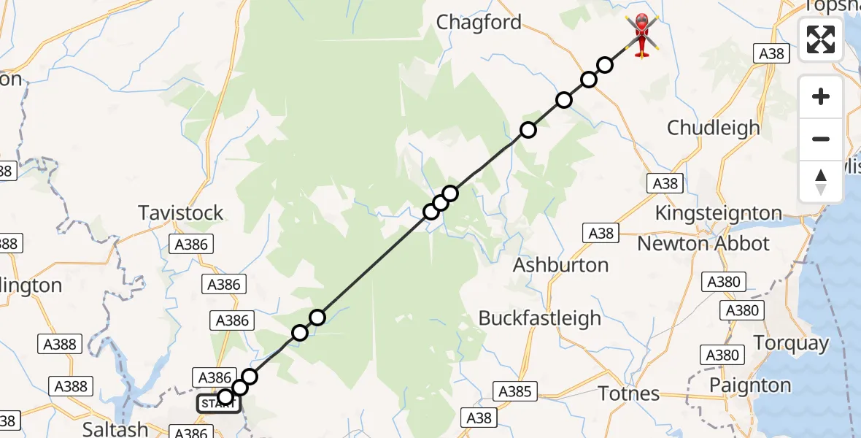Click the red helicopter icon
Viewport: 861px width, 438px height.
point(641,34)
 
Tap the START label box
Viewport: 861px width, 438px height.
point(218,404)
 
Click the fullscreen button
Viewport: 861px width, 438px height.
point(821,39)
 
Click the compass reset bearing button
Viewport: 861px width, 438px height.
point(821,182)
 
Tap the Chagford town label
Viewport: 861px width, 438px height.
point(479,23)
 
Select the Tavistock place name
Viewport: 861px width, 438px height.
point(181,213)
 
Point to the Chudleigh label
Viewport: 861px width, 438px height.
point(714,128)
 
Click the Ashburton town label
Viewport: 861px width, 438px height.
point(560,265)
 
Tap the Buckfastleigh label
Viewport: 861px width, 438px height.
point(540,318)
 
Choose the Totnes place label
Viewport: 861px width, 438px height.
point(629,393)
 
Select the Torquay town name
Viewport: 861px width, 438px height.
point(791,343)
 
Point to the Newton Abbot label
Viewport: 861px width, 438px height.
point(703,244)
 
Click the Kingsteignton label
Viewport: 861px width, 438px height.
point(719,213)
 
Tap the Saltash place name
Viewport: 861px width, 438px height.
point(116,429)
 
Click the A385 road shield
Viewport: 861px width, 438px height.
point(514,391)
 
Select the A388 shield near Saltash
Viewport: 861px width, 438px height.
point(72,385)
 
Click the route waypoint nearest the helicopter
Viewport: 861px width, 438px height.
point(604,65)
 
